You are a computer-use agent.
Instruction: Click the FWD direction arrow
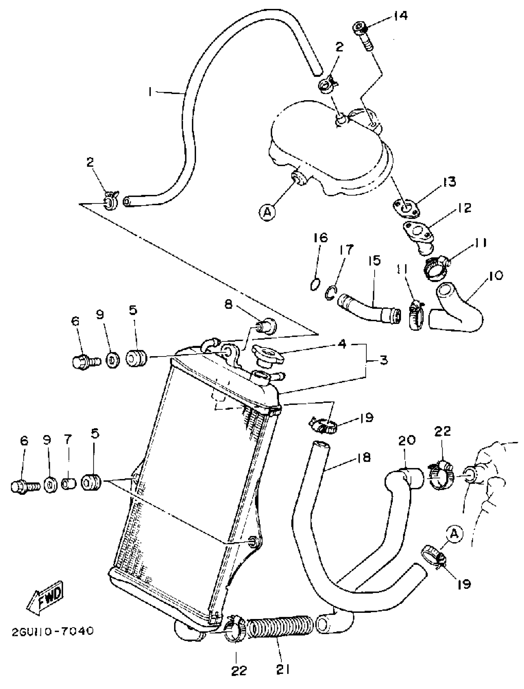coord(46,598)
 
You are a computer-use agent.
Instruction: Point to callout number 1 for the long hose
coord(151,91)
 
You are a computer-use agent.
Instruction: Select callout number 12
coord(465,208)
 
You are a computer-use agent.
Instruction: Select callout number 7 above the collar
coord(68,441)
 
